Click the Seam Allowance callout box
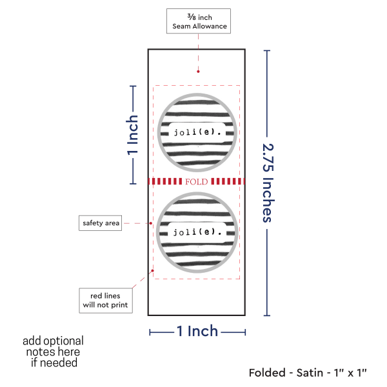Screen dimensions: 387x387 [x=198, y=21]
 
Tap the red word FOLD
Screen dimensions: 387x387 [x=196, y=182]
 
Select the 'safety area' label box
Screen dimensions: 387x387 [x=101, y=223]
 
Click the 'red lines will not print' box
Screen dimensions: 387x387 [x=105, y=300]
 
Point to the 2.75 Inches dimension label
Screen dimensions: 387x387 [x=267, y=182]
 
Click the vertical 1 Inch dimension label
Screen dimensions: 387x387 [x=132, y=135]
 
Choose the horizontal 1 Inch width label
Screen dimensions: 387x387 [x=197, y=332]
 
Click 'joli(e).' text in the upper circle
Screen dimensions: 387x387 [x=197, y=132]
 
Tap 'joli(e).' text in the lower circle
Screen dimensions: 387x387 [x=197, y=231]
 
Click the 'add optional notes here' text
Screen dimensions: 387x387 [x=53, y=352]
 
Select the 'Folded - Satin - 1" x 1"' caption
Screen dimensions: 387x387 [x=308, y=372]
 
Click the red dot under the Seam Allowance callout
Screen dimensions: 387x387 [x=198, y=72]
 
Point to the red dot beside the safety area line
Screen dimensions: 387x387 [x=150, y=224]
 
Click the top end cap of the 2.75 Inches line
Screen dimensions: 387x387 [x=267, y=50]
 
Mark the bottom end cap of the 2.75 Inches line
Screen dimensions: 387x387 [x=267, y=315]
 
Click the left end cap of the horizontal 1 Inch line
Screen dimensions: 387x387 [x=150, y=332]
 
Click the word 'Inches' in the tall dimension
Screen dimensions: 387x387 [x=267, y=201]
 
